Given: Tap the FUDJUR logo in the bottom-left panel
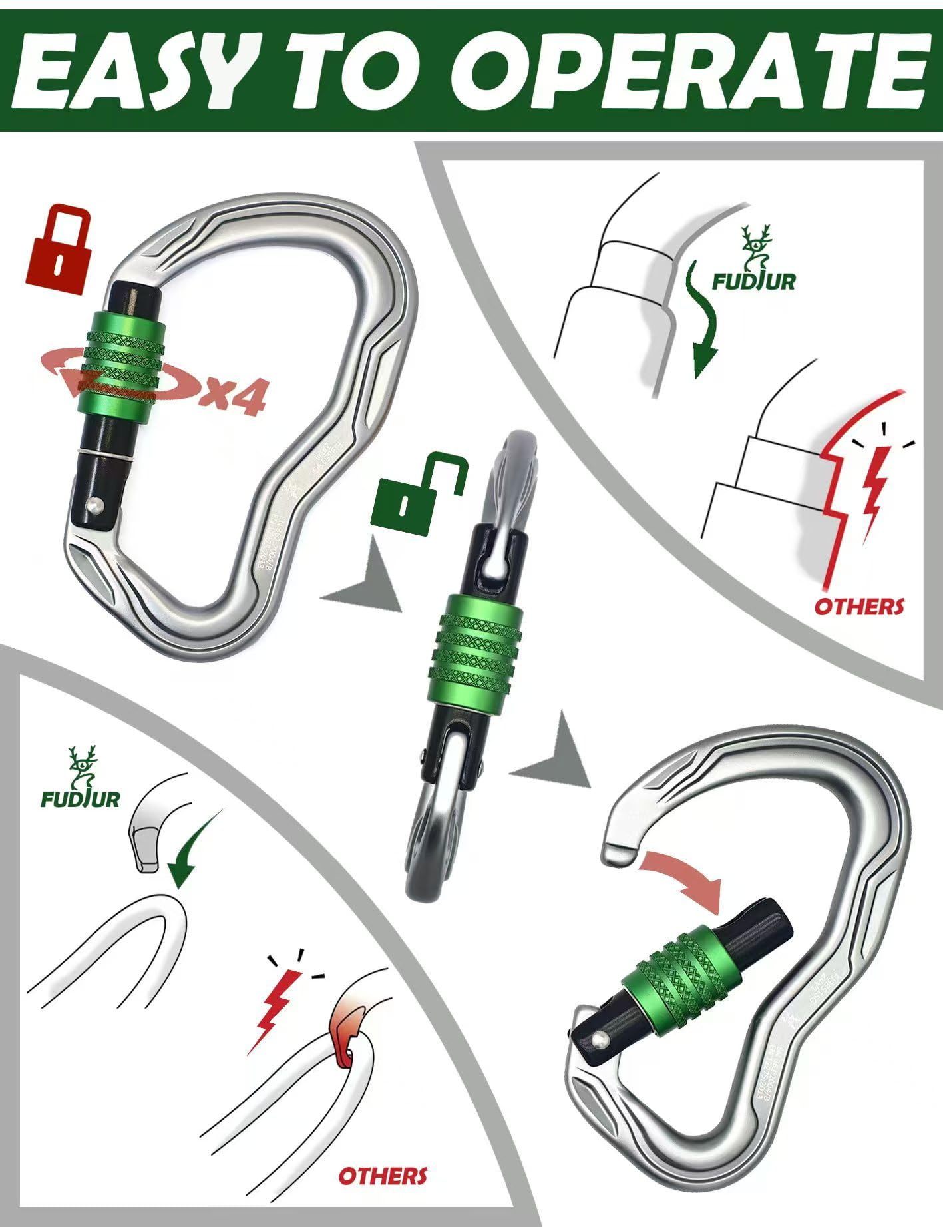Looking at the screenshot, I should [x=80, y=780].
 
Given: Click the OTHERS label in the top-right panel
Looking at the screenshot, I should [x=858, y=607].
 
